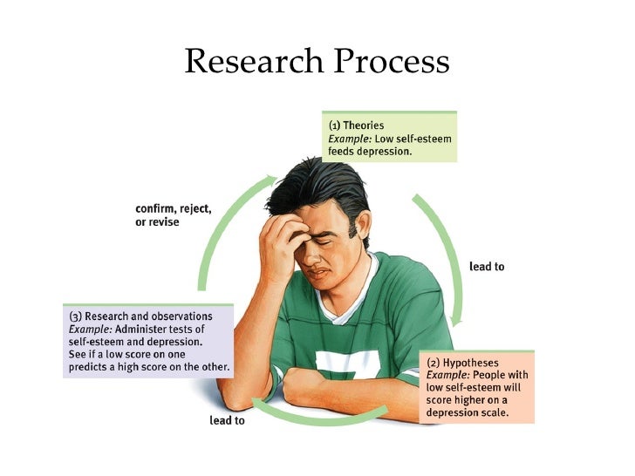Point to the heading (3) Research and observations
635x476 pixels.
click(140, 315)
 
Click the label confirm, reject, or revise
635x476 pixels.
click(173, 215)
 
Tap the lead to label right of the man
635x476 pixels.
click(487, 266)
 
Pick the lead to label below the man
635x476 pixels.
click(228, 420)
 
